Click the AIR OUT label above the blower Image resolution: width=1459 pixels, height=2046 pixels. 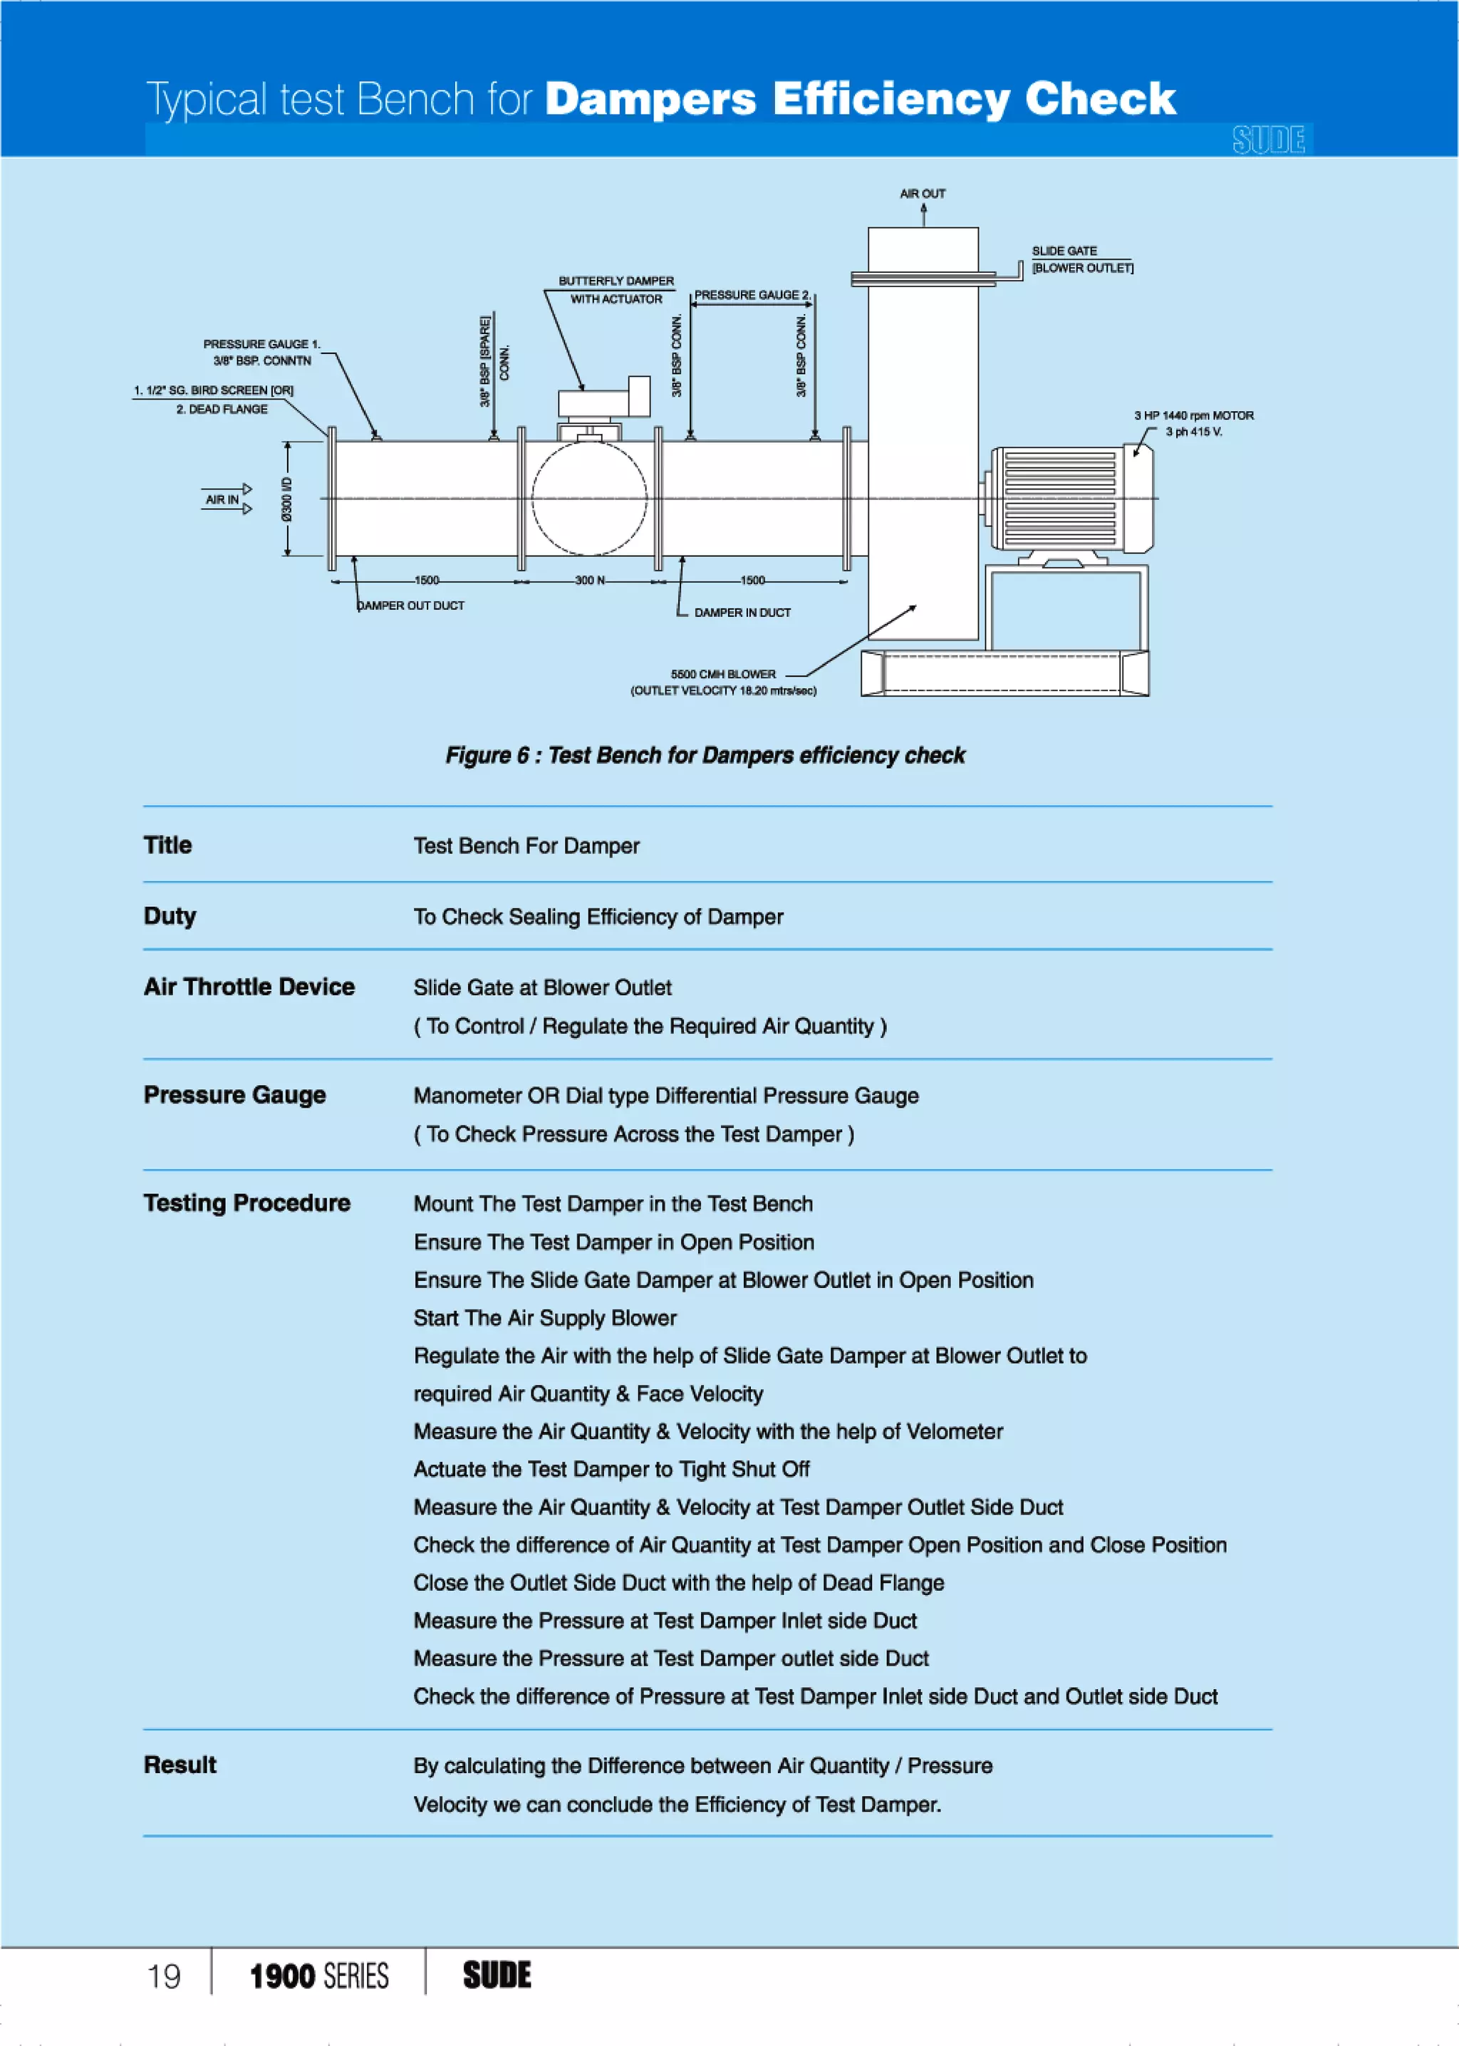(923, 194)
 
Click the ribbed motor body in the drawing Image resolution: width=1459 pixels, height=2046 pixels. (1060, 499)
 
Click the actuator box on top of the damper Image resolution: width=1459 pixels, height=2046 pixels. (603, 399)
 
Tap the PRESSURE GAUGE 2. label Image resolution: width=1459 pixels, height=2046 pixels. (752, 295)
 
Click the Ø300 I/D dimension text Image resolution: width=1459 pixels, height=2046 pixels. (286, 499)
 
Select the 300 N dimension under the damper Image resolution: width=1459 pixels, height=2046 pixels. (589, 580)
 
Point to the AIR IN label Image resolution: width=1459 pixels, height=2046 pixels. (222, 499)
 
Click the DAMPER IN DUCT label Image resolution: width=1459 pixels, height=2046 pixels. (742, 613)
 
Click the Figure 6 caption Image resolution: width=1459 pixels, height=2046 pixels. (705, 755)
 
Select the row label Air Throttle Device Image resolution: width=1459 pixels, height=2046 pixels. (249, 987)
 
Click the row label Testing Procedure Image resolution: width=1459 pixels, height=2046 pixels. (247, 1203)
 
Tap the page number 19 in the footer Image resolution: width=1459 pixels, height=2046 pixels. (164, 1976)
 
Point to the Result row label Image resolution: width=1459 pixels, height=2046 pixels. (180, 1765)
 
